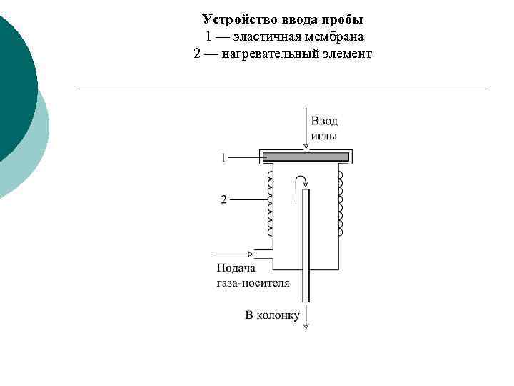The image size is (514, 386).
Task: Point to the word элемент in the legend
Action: point(346,54)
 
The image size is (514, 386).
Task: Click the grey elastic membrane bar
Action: point(306,157)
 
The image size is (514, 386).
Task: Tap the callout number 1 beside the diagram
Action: point(223,157)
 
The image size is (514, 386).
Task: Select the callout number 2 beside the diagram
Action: point(223,200)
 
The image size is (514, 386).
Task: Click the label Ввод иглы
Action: point(324,128)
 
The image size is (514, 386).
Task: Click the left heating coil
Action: point(270,203)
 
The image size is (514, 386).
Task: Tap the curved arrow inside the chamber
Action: point(301,183)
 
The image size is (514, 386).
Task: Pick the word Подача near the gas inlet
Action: point(235,269)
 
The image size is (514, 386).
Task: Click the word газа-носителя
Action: point(253,282)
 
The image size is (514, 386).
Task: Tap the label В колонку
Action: point(272,315)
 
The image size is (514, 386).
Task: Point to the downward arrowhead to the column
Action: point(306,325)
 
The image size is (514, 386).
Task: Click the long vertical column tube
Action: point(306,243)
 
